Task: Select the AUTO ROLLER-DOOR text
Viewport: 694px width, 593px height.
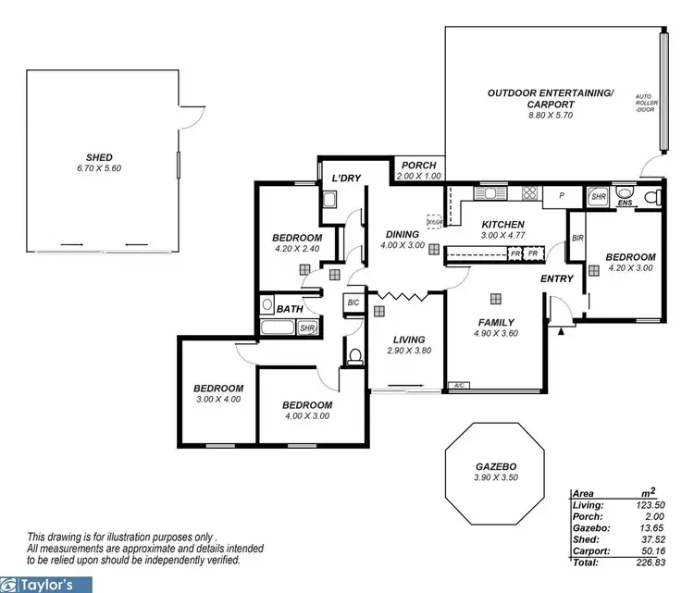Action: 645,103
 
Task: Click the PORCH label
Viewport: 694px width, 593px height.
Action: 414,165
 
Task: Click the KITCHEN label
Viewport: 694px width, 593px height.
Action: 503,224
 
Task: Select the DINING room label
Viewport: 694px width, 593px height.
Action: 403,234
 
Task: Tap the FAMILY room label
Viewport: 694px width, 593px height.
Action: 497,322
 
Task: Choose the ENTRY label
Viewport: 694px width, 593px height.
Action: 558,278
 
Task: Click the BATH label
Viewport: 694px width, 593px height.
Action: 290,309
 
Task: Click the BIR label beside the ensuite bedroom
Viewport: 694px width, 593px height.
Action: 578,238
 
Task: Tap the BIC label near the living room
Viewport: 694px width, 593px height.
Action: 353,302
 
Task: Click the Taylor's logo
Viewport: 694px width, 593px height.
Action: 46,584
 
